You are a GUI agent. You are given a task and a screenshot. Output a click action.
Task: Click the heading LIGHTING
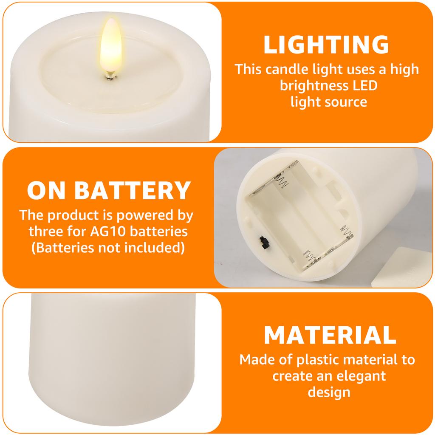tap(326, 45)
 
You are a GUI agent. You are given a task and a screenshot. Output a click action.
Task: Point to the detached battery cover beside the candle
tap(401, 267)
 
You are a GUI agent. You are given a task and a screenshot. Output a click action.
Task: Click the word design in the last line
tap(329, 392)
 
